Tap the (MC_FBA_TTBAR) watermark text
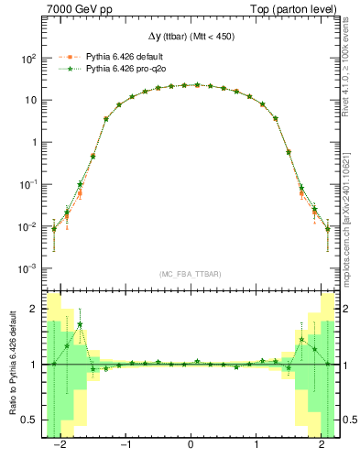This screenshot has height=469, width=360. [x=190, y=272]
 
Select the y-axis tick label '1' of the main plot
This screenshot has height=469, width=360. [x=33, y=142]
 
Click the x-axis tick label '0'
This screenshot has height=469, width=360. [x=191, y=448]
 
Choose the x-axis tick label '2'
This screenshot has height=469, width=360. [x=322, y=448]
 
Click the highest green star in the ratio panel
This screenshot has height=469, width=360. [x=80, y=324]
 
